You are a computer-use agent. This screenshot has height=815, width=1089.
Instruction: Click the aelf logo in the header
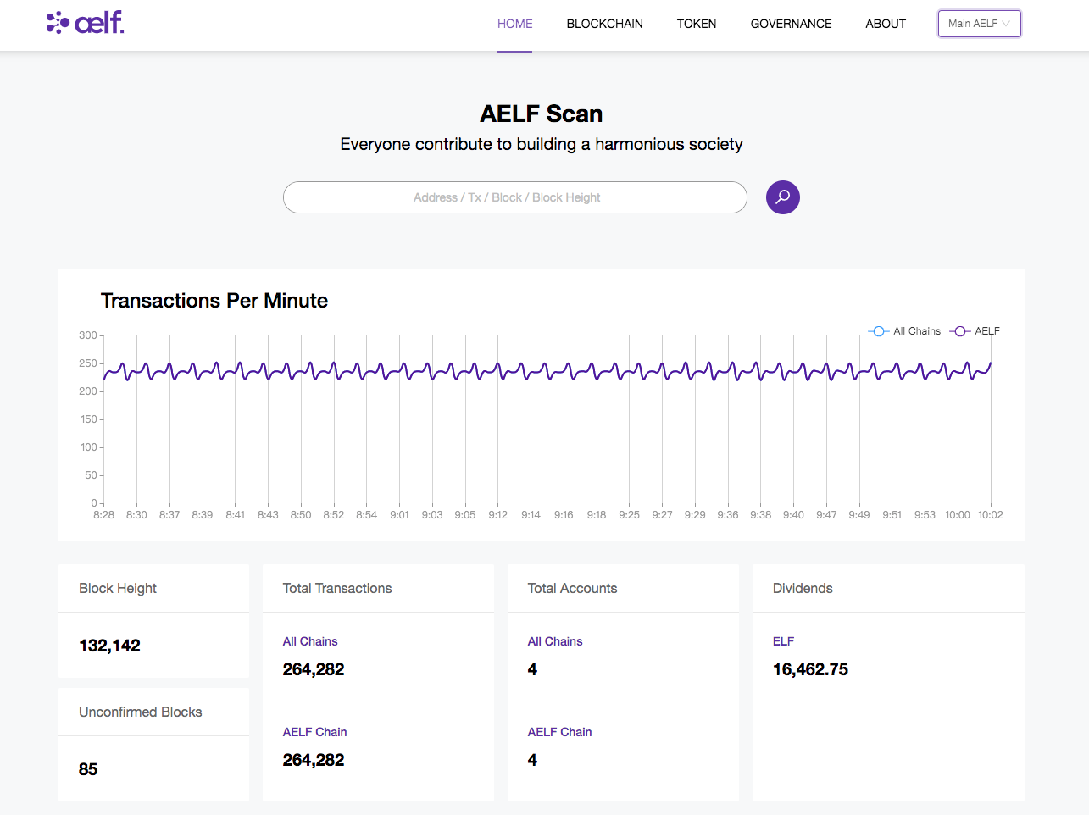point(85,22)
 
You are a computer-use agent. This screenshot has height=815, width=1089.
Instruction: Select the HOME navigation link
point(514,24)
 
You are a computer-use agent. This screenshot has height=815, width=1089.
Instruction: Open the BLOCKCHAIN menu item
point(604,24)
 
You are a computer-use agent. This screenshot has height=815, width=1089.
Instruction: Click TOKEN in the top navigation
point(696,24)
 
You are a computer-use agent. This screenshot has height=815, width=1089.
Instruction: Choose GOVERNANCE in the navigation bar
point(791,24)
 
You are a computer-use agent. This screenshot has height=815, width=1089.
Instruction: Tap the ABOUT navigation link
point(885,24)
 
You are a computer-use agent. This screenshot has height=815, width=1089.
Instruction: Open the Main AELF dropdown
point(979,24)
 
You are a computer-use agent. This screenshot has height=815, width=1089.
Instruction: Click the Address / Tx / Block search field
point(514,197)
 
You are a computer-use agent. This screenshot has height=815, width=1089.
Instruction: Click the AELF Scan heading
point(541,114)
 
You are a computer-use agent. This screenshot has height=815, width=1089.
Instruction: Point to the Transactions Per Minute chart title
point(214,301)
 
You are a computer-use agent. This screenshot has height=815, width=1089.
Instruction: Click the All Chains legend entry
point(904,331)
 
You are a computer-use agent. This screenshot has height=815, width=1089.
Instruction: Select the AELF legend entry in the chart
point(975,331)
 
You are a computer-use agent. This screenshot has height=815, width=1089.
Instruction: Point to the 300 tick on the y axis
point(88,335)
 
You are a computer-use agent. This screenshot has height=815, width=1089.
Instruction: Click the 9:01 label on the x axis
point(399,515)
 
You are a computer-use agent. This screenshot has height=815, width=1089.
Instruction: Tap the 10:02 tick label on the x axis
point(991,515)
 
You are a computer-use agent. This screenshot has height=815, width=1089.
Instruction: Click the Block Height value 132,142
point(109,646)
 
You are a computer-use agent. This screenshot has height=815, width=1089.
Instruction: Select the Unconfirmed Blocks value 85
point(88,769)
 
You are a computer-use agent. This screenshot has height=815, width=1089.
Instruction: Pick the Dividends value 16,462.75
point(810,669)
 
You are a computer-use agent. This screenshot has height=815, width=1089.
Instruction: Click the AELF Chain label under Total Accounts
point(559,732)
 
